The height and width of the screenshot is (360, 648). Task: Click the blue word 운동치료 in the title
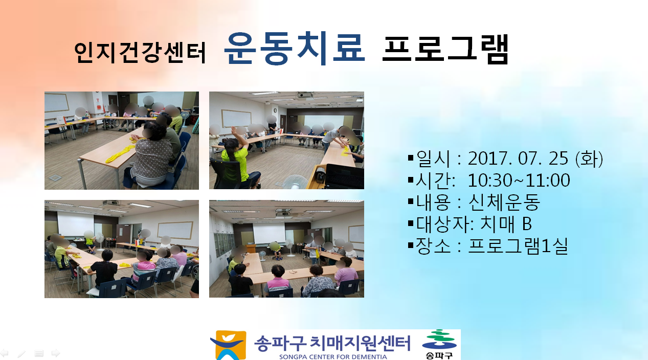pyautogui.click(x=294, y=48)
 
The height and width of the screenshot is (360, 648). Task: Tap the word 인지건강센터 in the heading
pyautogui.click(x=140, y=52)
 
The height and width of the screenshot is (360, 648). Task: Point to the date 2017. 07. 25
pyautogui.click(x=518, y=159)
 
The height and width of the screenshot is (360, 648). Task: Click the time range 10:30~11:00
pyautogui.click(x=519, y=180)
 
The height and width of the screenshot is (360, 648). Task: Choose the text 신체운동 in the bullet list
pyautogui.click(x=504, y=202)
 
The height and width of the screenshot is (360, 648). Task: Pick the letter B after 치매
pyautogui.click(x=527, y=223)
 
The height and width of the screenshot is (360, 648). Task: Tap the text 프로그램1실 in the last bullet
pyautogui.click(x=518, y=246)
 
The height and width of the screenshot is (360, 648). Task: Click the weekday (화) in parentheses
pyautogui.click(x=589, y=159)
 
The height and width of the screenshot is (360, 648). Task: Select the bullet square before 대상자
pyautogui.click(x=411, y=223)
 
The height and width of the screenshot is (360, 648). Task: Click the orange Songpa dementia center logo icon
pyautogui.click(x=228, y=345)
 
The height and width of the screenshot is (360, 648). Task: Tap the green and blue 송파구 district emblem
pyautogui.click(x=439, y=344)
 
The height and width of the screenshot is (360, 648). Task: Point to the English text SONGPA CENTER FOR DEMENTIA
pyautogui.click(x=333, y=357)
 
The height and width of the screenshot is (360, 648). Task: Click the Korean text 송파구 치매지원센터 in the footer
pyautogui.click(x=332, y=343)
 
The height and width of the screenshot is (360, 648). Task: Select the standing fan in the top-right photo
pyautogui.click(x=295, y=182)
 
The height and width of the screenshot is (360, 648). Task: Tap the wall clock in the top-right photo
pyautogui.click(x=275, y=110)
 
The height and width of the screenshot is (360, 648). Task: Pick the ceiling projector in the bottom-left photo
pyautogui.click(x=111, y=204)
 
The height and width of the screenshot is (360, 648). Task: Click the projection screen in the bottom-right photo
pyautogui.click(x=269, y=233)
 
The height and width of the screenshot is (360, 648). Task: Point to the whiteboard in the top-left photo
pyautogui.click(x=57, y=102)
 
